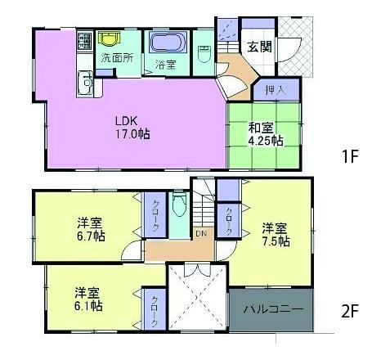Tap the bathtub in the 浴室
point(167,42)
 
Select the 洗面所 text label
point(117,59)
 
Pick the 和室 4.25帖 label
point(266,133)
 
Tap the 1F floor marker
point(351,155)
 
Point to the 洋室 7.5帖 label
point(275,234)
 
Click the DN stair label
point(199,233)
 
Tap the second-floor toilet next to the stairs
point(180,206)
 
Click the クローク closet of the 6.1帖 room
point(153,311)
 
